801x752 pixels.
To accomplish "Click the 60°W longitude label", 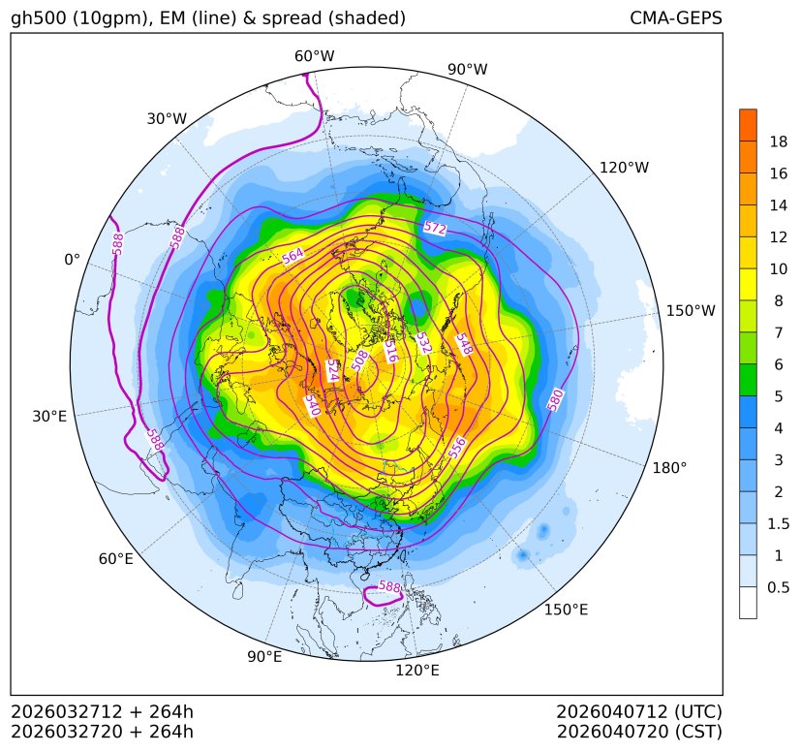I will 314,56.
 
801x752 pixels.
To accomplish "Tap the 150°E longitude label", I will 566,610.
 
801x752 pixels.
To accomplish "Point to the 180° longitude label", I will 669,467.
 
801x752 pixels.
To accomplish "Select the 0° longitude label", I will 72,260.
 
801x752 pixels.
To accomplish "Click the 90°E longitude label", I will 264,657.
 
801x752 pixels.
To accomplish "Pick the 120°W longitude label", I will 624,168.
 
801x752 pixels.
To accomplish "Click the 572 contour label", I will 435,229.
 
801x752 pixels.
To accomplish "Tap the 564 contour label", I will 293,256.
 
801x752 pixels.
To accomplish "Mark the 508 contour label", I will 360,360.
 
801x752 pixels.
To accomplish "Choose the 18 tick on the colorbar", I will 778,141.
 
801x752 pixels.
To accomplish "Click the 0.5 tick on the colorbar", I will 778,586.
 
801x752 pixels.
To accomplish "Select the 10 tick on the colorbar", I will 778,268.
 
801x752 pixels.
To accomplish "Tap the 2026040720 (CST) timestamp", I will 639,731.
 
